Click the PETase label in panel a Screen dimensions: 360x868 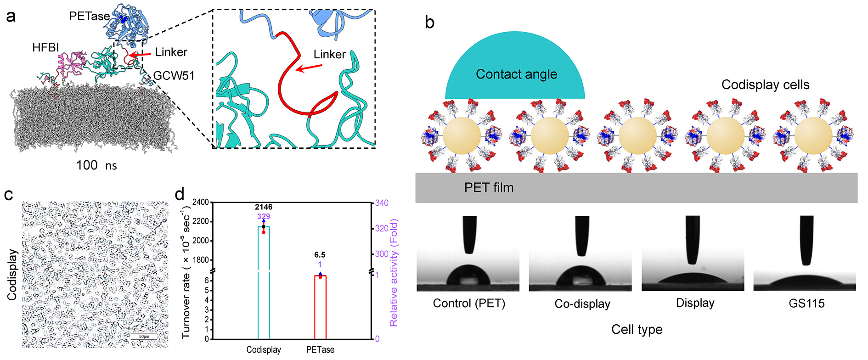[89, 16]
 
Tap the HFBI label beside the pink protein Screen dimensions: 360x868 [45, 47]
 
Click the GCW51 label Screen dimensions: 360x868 [174, 76]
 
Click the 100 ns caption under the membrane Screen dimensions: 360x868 [96, 165]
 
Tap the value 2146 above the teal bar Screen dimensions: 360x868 [264, 207]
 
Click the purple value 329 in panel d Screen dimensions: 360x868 [264, 216]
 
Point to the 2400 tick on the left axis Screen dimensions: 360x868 [200, 202]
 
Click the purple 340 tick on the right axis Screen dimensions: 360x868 [382, 203]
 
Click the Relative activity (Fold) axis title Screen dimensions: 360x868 [394, 273]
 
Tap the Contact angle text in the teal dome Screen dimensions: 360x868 [516, 74]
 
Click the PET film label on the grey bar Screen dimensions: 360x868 [489, 187]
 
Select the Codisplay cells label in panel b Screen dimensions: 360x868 [765, 85]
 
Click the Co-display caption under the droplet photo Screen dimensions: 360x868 [582, 304]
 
